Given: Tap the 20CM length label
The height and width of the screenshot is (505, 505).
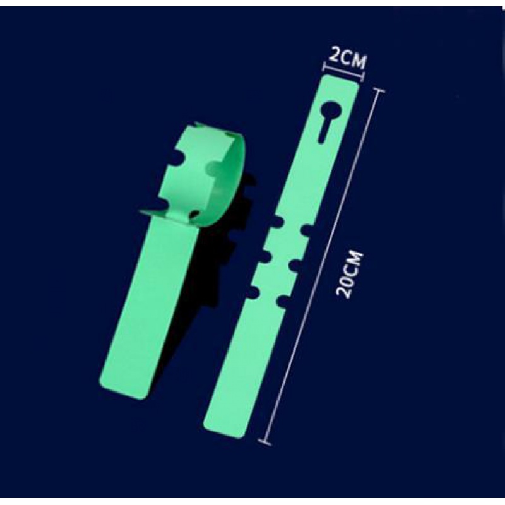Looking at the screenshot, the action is [x=349, y=275].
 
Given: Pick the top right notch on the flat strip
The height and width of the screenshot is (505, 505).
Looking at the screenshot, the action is [x=307, y=230].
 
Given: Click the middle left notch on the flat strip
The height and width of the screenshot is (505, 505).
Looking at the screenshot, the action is [x=265, y=257].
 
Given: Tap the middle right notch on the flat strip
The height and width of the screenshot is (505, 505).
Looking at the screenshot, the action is [x=295, y=266].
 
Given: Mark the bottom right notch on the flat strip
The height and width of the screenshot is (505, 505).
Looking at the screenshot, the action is [x=283, y=300].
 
